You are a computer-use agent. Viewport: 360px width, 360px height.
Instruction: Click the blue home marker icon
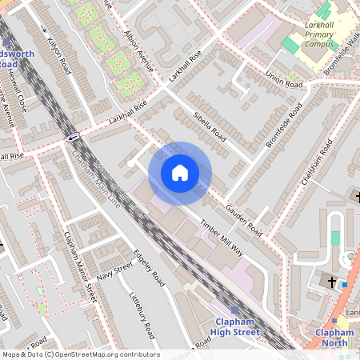pos(180,173)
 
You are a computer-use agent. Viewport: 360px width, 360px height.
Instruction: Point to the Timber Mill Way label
pos(222,236)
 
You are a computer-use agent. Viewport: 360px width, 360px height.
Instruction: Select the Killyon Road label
pos(59,55)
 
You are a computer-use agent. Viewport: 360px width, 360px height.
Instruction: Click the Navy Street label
pos(114,271)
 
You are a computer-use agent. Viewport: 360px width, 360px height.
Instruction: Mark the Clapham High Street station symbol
pos(234,310)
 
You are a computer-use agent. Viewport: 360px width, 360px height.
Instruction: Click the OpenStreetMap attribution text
pos(80,354)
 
